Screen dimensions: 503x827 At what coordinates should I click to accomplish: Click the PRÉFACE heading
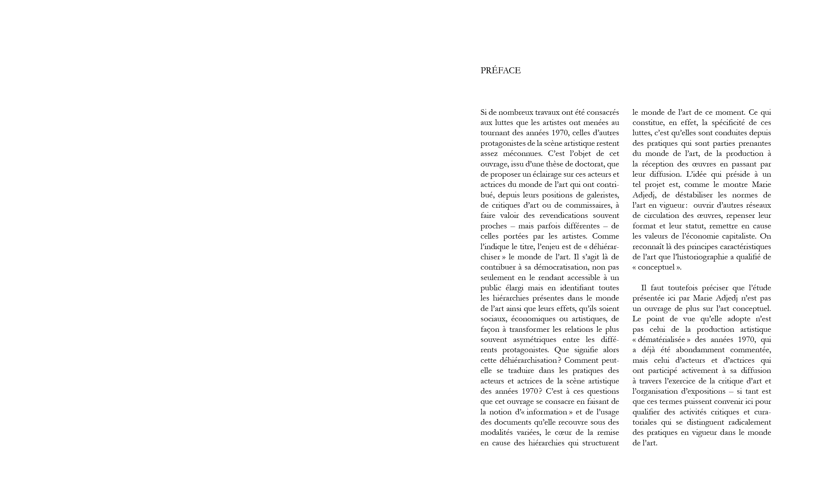click(x=501, y=70)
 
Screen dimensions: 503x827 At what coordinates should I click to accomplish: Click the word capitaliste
click(x=734, y=236)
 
